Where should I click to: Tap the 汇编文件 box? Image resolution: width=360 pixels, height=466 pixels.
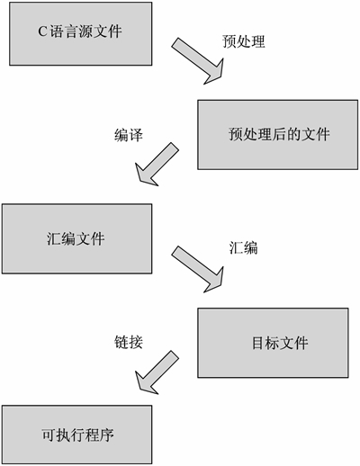tap(76, 237)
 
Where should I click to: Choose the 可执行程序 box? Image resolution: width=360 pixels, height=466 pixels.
tap(76, 434)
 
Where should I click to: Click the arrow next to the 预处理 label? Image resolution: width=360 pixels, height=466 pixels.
tap(202, 61)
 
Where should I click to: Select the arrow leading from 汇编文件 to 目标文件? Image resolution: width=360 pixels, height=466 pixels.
tap(202, 267)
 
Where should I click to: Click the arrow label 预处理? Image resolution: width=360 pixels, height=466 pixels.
tap(244, 41)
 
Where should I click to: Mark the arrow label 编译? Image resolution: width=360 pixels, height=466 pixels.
tap(129, 134)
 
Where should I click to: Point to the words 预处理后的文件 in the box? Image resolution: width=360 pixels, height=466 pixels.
tap(280, 135)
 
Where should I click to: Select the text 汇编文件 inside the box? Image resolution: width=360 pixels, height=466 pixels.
tap(76, 238)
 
